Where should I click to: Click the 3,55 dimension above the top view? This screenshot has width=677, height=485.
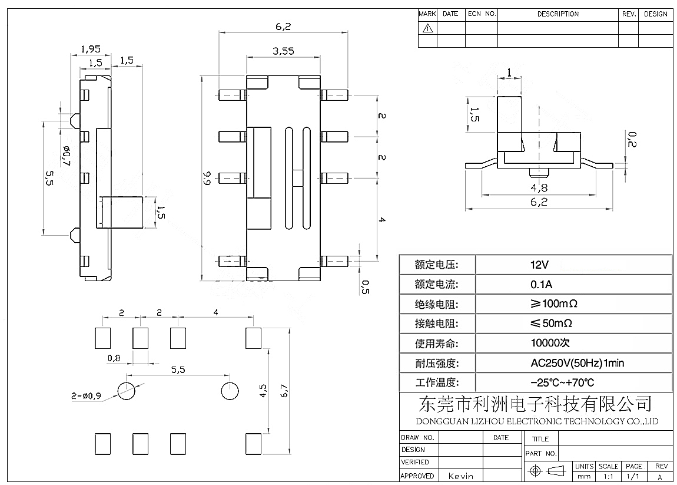(x=283, y=51)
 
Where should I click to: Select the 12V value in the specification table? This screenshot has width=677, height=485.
(x=540, y=265)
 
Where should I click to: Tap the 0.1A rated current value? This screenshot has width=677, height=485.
(x=541, y=285)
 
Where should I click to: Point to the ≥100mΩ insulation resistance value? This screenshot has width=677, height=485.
(x=553, y=304)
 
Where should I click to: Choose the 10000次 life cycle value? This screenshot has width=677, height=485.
(x=550, y=343)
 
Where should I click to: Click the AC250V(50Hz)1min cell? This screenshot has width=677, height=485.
(x=569, y=363)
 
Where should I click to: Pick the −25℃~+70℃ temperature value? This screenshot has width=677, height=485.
(x=562, y=382)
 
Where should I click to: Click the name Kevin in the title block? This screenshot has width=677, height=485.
(x=462, y=476)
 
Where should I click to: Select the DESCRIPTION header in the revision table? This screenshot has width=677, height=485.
(x=557, y=14)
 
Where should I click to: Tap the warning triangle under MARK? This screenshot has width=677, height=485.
(x=427, y=28)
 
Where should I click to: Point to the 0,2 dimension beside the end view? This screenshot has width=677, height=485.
(x=632, y=140)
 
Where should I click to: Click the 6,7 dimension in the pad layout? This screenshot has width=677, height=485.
(x=284, y=390)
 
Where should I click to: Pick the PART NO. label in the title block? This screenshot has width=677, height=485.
(x=541, y=454)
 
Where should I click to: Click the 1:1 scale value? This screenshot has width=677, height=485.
(x=608, y=476)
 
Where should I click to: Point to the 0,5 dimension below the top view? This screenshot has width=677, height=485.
(x=364, y=287)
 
